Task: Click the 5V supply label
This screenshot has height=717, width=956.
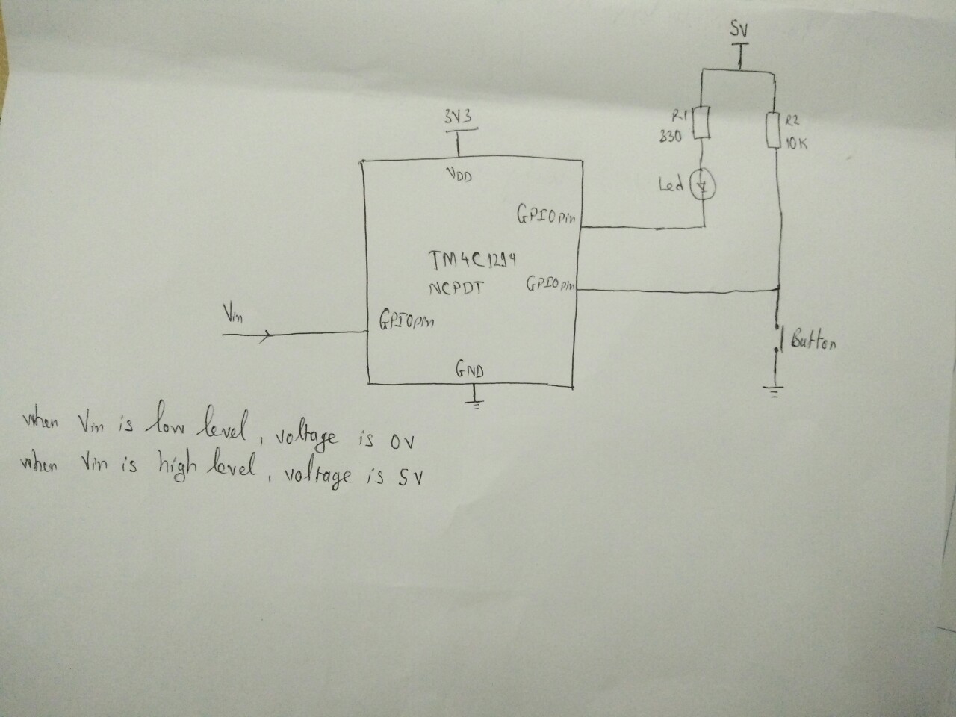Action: pos(739,31)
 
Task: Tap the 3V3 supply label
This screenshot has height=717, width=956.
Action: pos(457,117)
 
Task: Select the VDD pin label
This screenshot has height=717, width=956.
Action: pos(458,176)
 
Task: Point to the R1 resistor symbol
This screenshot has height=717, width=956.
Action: pos(701,123)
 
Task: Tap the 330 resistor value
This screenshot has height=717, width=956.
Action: pos(670,139)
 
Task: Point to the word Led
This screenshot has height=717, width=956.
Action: pos(671,184)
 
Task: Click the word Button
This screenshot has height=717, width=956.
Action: pos(813,341)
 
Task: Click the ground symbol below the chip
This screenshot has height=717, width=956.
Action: pos(474,403)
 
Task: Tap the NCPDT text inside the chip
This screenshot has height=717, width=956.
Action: pos(457,287)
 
